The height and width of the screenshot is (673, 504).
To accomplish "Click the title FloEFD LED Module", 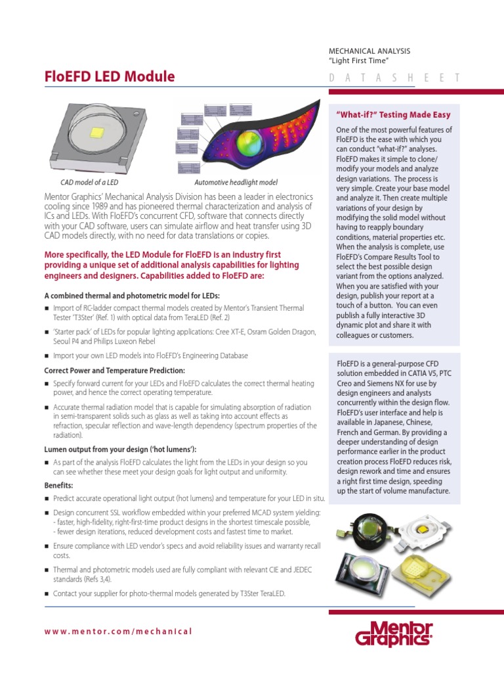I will coord(109,77).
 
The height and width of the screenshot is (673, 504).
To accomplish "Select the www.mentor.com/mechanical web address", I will coord(118,631).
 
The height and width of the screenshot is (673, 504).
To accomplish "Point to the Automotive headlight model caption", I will coord(236,182).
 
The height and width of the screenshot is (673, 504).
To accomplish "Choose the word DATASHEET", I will coord(394,78).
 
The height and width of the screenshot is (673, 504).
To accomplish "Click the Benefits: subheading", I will coord(58,485).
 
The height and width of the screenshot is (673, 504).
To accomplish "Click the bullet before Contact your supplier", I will coord(47,594).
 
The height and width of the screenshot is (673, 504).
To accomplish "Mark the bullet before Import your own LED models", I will coord(47,356).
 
